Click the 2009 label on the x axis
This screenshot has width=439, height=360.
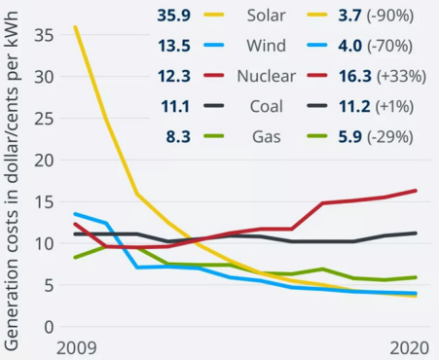(x=76, y=347)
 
